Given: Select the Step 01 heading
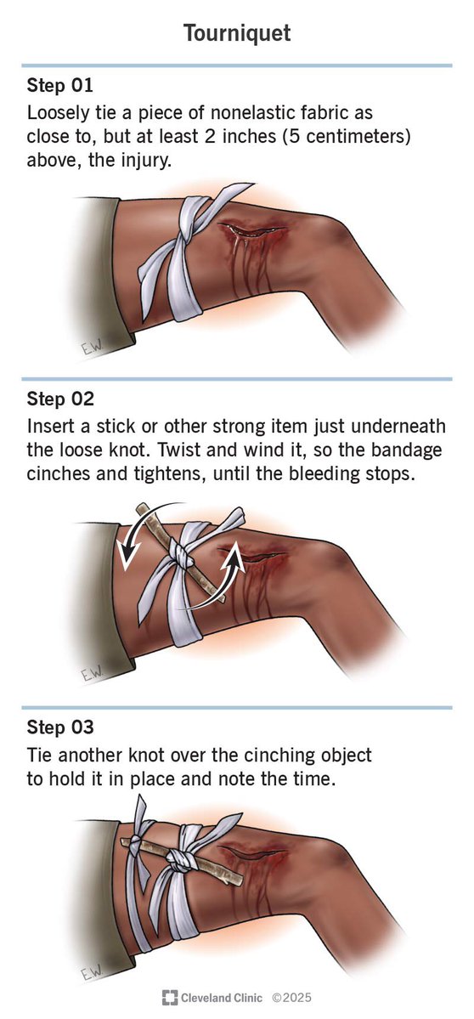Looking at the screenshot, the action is coord(59,85).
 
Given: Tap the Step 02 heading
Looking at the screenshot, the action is coord(59,399).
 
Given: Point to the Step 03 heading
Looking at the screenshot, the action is coord(59,727).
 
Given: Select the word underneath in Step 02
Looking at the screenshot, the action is coord(401,426).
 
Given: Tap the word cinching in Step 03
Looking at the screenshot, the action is coord(249,756).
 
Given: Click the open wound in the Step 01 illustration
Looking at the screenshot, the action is coord(253,230).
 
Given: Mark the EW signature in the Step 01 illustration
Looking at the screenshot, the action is coord(93,349).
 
